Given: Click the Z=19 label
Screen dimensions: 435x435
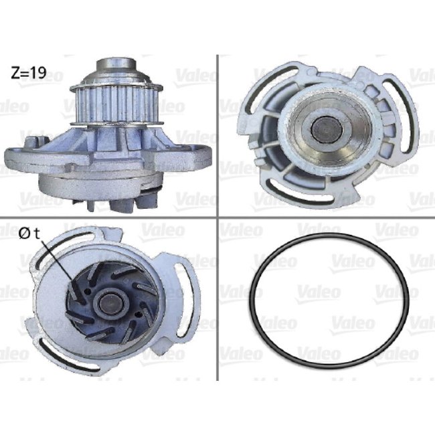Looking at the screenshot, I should (27, 73).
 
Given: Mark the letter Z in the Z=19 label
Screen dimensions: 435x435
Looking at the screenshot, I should (15, 73).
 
